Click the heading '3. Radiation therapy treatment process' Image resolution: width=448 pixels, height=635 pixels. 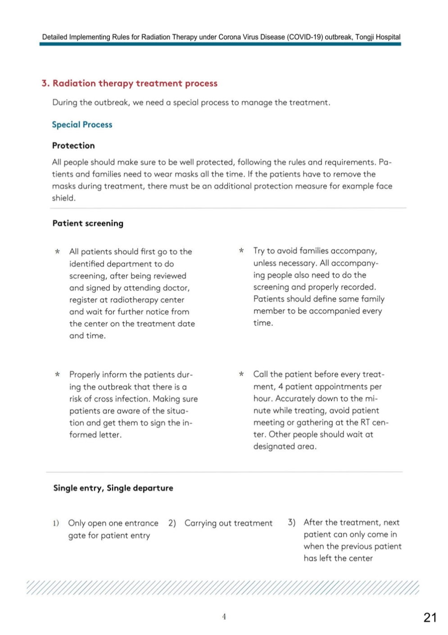(x=130, y=83)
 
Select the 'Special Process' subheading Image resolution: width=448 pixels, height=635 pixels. (x=82, y=125)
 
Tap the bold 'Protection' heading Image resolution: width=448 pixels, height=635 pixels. (x=73, y=145)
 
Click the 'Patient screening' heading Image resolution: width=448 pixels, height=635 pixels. (x=88, y=223)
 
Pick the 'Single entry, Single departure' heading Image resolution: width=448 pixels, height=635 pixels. (x=113, y=488)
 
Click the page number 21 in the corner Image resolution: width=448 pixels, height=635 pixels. (x=430, y=617)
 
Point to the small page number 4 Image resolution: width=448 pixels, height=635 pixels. (x=224, y=617)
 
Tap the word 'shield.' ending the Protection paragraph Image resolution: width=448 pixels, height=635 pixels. (x=63, y=198)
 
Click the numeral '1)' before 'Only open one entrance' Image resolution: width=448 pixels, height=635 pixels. (x=56, y=523)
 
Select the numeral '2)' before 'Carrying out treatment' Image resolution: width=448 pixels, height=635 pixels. (x=172, y=523)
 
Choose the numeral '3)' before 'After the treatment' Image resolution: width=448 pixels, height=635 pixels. (x=292, y=522)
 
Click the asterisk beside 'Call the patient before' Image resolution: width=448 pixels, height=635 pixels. (x=241, y=374)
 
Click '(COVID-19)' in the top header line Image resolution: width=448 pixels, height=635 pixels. (x=304, y=37)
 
